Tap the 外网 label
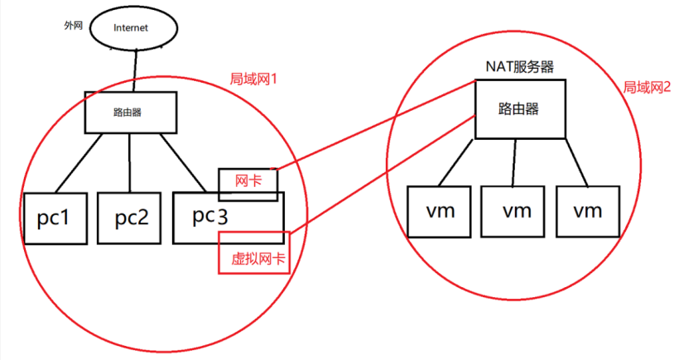coord(75,26)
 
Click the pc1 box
coord(56,218)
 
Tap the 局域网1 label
coord(252,80)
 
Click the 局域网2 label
coord(647,87)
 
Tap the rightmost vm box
coord(587,211)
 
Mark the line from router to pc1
coord(81,162)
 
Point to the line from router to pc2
coord(130,162)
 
